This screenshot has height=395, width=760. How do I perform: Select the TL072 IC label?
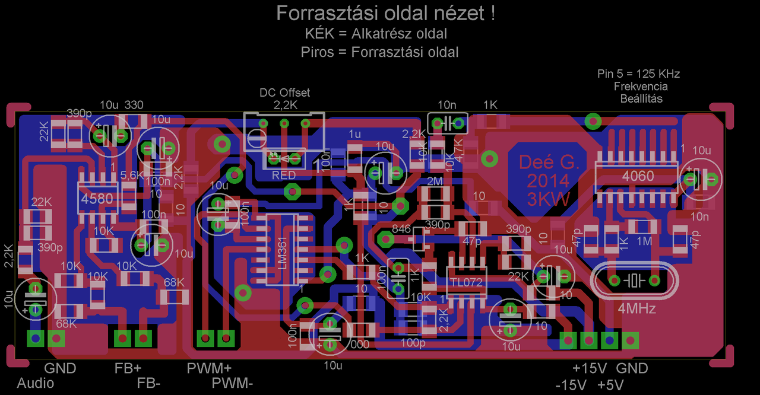467,283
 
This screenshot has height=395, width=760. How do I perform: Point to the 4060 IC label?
637,176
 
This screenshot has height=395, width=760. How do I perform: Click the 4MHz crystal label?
636,309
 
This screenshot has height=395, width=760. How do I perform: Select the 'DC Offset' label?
285,93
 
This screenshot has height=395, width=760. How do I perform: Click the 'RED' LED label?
284,176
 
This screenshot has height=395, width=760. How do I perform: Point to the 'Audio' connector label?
36,383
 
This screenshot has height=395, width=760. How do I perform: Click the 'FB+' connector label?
128,368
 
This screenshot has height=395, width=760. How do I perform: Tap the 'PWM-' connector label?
232,383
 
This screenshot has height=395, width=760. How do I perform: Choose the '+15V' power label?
589,368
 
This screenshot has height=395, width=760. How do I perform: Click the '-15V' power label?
571,385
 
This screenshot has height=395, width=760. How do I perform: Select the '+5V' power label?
610,385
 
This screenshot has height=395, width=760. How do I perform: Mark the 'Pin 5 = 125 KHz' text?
638,74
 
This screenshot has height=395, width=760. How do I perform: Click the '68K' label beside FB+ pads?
174,282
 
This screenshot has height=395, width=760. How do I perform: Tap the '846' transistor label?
402,229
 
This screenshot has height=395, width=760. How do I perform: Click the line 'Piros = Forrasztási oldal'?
379,52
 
